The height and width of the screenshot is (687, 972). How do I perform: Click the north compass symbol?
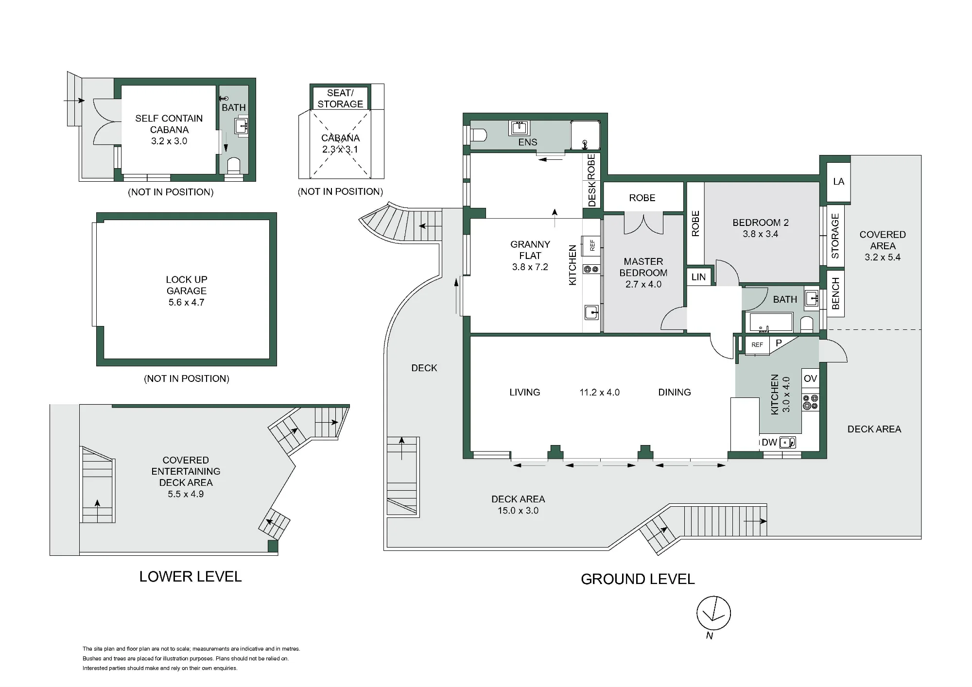(x=713, y=614)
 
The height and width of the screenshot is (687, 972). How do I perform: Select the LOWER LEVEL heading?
(x=191, y=577)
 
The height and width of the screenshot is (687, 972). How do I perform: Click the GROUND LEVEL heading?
(x=638, y=579)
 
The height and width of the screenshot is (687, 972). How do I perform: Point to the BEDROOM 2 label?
(x=761, y=223)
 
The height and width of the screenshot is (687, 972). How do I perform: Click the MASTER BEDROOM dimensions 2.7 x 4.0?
(x=643, y=284)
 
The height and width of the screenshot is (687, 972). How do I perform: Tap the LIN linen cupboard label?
(x=698, y=277)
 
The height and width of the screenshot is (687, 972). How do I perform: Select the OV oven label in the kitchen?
(x=810, y=378)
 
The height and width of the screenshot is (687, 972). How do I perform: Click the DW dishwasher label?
(x=769, y=443)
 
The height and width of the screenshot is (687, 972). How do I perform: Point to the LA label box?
(x=838, y=182)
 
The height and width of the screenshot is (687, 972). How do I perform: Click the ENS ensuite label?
(x=528, y=142)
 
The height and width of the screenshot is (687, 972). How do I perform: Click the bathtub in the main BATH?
(x=771, y=323)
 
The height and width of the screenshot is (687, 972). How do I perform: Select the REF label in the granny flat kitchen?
(x=592, y=245)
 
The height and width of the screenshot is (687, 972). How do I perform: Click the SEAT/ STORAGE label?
(x=340, y=98)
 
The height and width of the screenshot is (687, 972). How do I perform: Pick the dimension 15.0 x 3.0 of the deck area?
(x=518, y=511)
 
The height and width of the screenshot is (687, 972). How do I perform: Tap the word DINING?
(x=675, y=392)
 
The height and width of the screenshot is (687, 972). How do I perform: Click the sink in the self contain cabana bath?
(x=242, y=125)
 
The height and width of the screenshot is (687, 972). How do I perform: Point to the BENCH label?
(x=835, y=293)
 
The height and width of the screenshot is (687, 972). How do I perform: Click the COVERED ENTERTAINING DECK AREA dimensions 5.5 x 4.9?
(x=186, y=494)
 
